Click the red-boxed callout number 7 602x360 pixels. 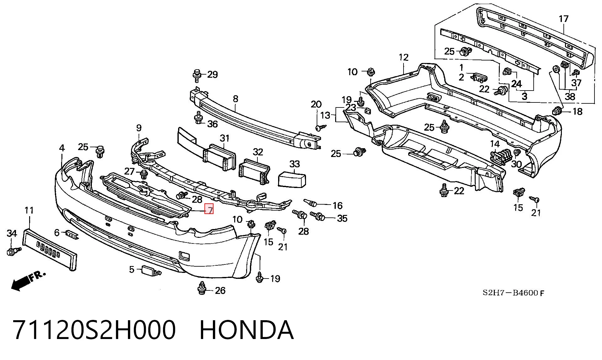209,209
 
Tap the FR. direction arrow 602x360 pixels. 29,281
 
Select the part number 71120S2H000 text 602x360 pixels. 94,330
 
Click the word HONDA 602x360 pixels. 246,330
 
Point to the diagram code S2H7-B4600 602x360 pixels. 510,293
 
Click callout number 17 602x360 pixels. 563,19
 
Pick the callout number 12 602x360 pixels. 404,57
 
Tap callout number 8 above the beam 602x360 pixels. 235,99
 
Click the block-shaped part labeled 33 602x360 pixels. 292,180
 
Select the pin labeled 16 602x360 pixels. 310,203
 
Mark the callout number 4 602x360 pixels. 62,148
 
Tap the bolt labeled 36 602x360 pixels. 198,118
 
